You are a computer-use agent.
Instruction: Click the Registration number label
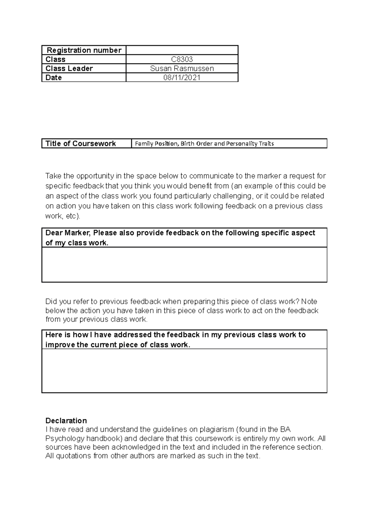pyautogui.click(x=84, y=50)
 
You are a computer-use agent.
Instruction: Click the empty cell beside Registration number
pyautogui.click(x=182, y=50)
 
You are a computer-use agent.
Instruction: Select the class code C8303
pyautogui.click(x=182, y=59)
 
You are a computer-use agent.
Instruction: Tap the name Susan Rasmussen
pyautogui.click(x=182, y=68)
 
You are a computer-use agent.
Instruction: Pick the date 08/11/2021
pyautogui.click(x=182, y=77)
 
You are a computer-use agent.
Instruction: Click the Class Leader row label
pyautogui.click(x=69, y=68)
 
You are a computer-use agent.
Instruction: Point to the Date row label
pyautogui.click(x=54, y=77)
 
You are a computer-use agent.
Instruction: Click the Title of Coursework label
pyautogui.click(x=81, y=143)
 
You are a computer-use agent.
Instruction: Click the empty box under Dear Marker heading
pyautogui.click(x=184, y=264)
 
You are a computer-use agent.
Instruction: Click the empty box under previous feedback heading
pyautogui.click(x=184, y=370)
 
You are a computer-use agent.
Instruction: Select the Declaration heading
pyautogui.click(x=66, y=420)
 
